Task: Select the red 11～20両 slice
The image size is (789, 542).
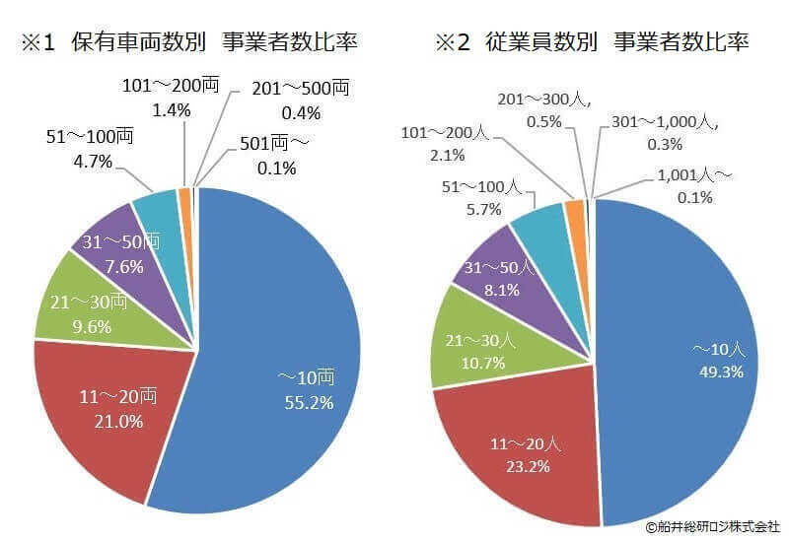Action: (108, 414)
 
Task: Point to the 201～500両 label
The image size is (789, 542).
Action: (300, 88)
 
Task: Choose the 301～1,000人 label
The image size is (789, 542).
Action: (660, 124)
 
